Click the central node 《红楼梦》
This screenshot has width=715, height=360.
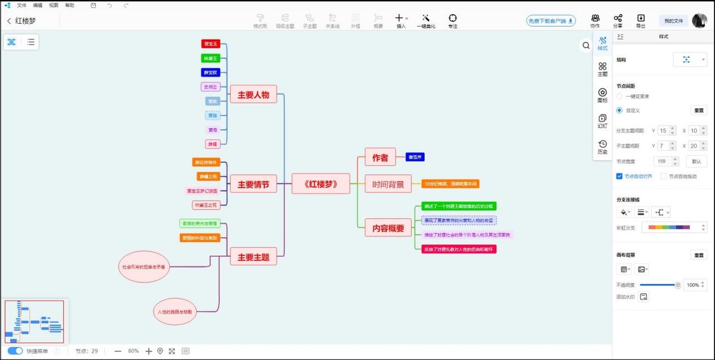[x=321, y=184]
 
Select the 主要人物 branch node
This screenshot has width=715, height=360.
[x=253, y=94]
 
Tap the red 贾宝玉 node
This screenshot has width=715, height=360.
[x=211, y=44]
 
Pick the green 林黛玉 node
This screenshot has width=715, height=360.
[x=211, y=58]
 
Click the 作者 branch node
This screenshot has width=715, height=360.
[x=380, y=157]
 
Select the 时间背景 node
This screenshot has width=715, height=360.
[x=388, y=184]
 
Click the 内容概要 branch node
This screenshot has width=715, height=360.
[x=388, y=228]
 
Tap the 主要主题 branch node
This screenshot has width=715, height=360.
[x=253, y=257]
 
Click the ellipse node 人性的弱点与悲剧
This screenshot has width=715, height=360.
[x=175, y=311]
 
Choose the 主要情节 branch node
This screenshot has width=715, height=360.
[x=253, y=185]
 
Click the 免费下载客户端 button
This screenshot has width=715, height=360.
[x=551, y=21]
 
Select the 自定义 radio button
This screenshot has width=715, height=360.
[x=620, y=110]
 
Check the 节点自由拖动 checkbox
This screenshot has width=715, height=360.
[x=664, y=176]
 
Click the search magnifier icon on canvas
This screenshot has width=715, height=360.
[x=586, y=46]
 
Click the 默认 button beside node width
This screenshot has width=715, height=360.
[x=697, y=162]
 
